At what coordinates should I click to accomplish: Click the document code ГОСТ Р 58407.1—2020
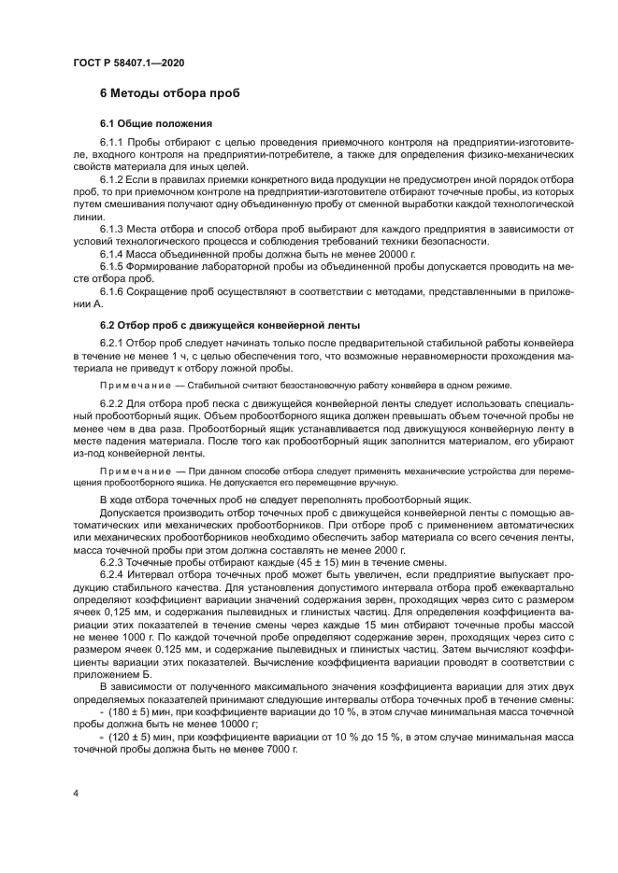click(127, 61)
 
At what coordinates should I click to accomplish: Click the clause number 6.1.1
click(113, 142)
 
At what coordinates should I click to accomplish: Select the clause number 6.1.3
click(113, 228)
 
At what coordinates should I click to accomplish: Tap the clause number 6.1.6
click(113, 292)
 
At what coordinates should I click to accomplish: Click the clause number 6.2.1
click(113, 343)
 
